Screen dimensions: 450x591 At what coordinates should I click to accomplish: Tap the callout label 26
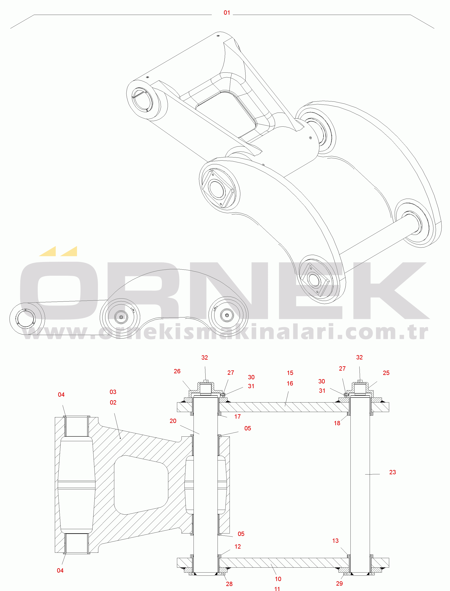click(x=177, y=371)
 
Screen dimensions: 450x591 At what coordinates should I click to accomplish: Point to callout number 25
click(x=386, y=373)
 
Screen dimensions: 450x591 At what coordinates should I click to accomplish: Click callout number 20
click(x=173, y=421)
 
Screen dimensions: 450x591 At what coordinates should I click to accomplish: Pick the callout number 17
click(x=237, y=416)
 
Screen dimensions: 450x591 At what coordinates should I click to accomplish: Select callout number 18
click(x=337, y=423)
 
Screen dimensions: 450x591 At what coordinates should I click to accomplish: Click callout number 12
click(x=238, y=547)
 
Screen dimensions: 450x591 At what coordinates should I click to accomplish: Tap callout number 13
click(x=335, y=541)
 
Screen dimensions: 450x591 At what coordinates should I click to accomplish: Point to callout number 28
click(x=229, y=584)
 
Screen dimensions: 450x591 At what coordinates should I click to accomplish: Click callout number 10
click(x=278, y=579)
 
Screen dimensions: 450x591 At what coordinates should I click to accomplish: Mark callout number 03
click(x=113, y=392)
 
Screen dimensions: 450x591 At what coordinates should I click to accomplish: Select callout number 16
click(x=290, y=383)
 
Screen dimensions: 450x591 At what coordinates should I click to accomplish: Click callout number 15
click(x=290, y=373)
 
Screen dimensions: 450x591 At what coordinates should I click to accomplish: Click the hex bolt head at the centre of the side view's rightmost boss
click(x=227, y=315)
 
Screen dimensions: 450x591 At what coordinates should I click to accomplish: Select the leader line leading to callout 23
click(x=372, y=474)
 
